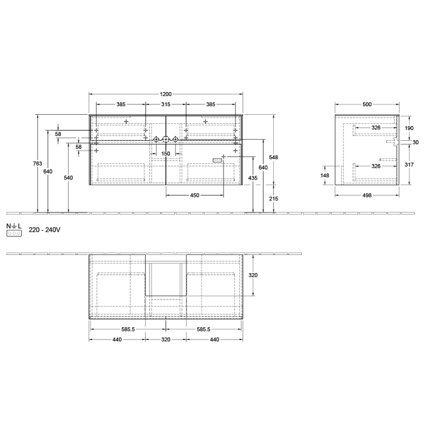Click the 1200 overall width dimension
point(166,94)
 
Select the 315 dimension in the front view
point(166,105)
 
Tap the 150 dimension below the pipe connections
point(166,153)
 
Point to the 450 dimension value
point(194,195)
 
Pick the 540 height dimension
point(68,178)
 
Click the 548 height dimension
point(274,157)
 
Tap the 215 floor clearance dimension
point(274,199)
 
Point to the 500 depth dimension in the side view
point(367,104)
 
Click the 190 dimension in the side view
point(409,128)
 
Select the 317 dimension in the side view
point(409,164)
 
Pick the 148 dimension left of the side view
point(325,176)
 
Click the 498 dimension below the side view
point(367,195)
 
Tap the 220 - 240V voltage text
point(45,231)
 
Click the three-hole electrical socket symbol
point(14,234)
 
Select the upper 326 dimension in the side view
point(376,127)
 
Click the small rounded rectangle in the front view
point(217,160)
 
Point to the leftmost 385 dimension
point(121,105)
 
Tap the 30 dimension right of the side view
point(415,142)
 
